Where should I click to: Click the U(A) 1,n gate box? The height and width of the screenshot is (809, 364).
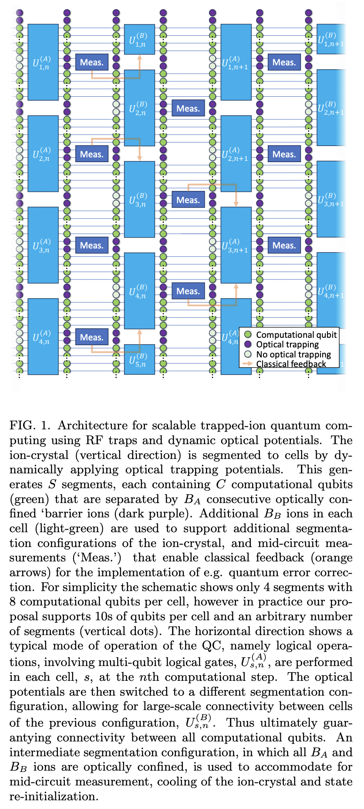(x=43, y=62)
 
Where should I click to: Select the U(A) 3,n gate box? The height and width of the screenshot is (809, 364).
(x=43, y=245)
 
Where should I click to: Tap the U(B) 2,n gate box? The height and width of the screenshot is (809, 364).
(x=139, y=108)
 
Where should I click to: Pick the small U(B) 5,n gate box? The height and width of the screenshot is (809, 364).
(x=139, y=359)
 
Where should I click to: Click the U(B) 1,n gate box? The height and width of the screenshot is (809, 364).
(x=139, y=39)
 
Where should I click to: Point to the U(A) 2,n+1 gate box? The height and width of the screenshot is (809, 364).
(x=236, y=153)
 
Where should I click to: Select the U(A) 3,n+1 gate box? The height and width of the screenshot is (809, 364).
(x=236, y=245)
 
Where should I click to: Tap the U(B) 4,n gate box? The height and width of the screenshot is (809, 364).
(x=139, y=291)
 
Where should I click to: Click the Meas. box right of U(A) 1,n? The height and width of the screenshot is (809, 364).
(x=91, y=62)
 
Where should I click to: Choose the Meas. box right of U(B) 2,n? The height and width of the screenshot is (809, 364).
(x=188, y=108)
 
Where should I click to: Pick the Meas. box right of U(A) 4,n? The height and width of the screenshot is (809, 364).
(x=91, y=337)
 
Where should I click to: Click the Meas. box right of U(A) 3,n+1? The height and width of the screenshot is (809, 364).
(x=284, y=245)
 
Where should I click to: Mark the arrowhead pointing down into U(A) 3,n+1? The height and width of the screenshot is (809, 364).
(x=236, y=204)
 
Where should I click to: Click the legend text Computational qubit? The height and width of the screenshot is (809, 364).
(x=296, y=335)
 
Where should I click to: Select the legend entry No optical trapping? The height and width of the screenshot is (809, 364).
(x=293, y=354)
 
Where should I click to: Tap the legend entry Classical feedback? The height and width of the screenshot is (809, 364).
(x=291, y=364)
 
